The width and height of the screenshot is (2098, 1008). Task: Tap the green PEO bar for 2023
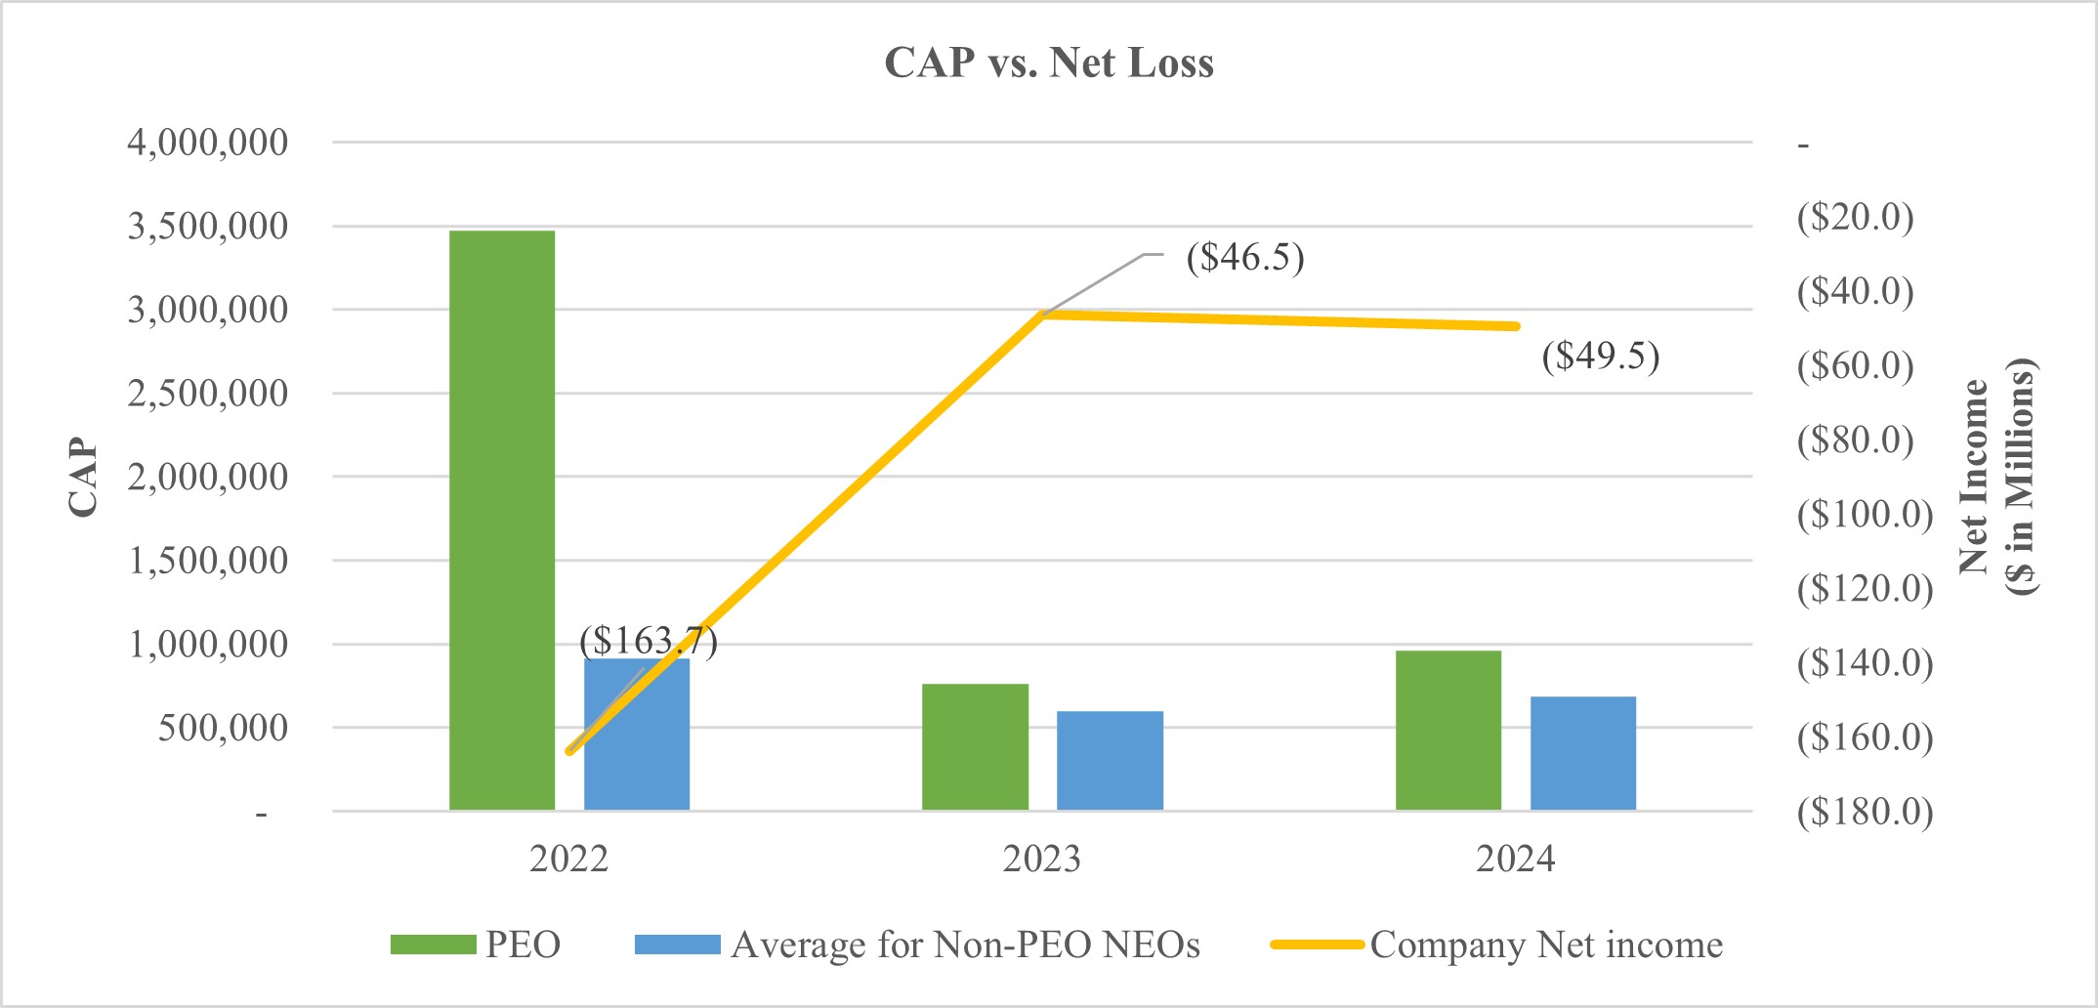[975, 747]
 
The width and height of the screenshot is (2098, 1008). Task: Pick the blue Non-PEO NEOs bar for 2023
[1110, 761]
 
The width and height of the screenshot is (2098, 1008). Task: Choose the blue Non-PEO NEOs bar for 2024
[1582, 753]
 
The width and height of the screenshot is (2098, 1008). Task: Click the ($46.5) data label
[1244, 258]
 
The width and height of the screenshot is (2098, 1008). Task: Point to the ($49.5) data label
[1600, 356]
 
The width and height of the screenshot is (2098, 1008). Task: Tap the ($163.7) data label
[648, 641]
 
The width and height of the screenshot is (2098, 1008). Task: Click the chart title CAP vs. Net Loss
[1049, 63]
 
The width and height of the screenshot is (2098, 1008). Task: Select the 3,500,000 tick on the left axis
[208, 227]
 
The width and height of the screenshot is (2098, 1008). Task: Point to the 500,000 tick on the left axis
[223, 728]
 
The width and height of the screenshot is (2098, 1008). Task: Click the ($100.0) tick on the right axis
[1865, 514]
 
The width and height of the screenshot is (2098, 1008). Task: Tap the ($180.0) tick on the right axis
[1865, 812]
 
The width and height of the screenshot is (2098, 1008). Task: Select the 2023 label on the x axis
[1041, 860]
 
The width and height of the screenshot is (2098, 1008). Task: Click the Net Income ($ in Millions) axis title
[1996, 477]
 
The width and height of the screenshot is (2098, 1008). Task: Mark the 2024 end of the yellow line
[1515, 326]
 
